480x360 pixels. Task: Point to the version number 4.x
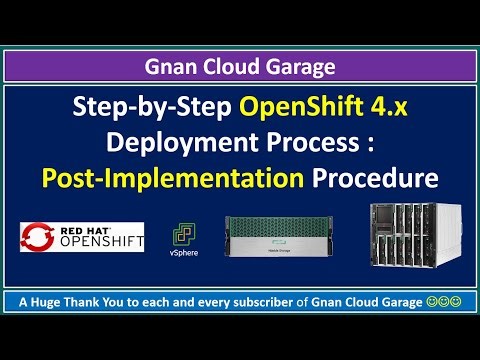point(383,108)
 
